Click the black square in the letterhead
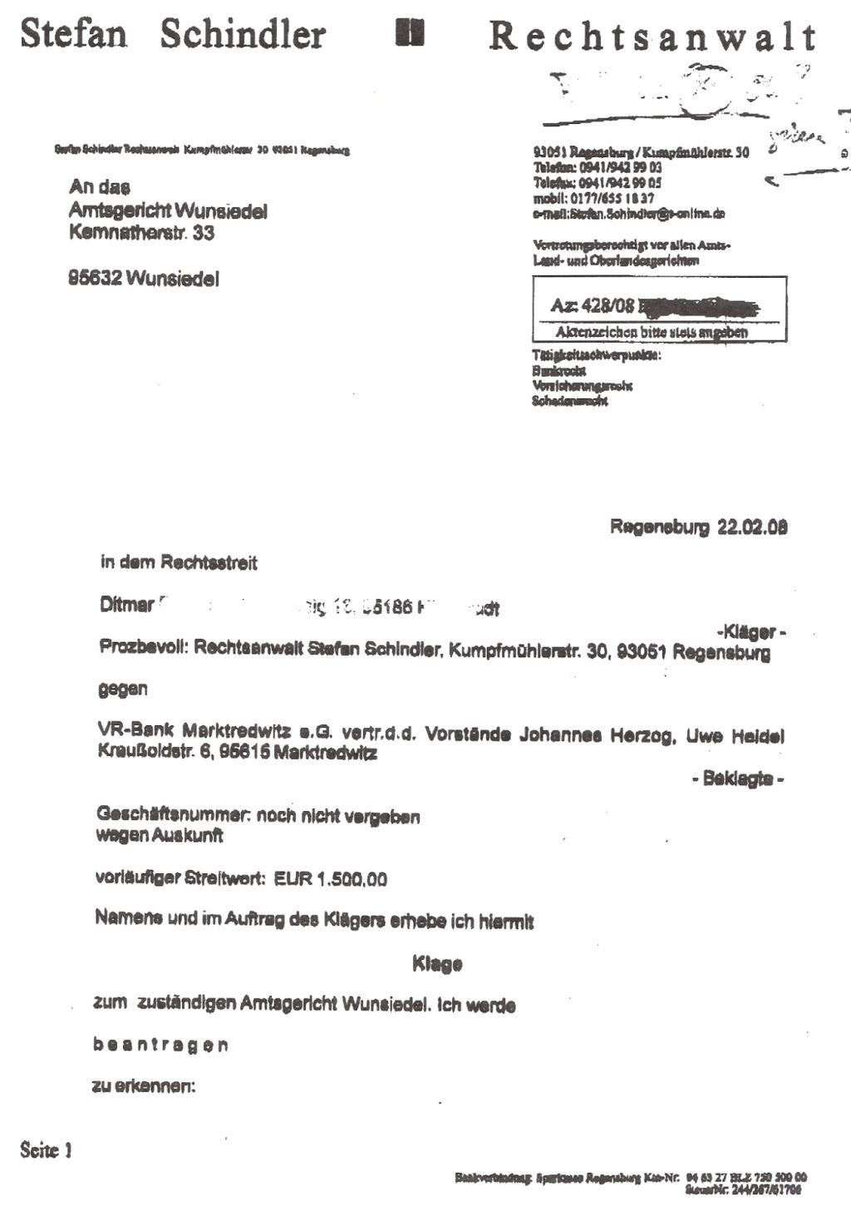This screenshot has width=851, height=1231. pyautogui.click(x=411, y=33)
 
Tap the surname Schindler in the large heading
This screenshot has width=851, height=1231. pyautogui.click(x=243, y=35)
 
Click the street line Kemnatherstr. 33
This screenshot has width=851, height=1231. pyautogui.click(x=141, y=233)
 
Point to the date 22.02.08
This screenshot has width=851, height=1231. pyautogui.click(x=752, y=527)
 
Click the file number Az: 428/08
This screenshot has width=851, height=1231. pyautogui.click(x=593, y=306)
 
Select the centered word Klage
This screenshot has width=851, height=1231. pyautogui.click(x=437, y=964)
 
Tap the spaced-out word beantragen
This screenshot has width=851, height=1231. pyautogui.click(x=160, y=1045)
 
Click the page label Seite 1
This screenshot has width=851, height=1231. pyautogui.click(x=46, y=1150)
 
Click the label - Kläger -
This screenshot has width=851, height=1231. pyautogui.click(x=751, y=632)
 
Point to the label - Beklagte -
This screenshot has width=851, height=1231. pyautogui.click(x=738, y=779)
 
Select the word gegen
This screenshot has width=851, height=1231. pyautogui.click(x=123, y=689)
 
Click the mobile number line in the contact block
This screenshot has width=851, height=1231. pyautogui.click(x=593, y=199)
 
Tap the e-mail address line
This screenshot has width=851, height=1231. pyautogui.click(x=629, y=214)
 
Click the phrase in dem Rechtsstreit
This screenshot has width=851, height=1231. pyautogui.click(x=179, y=563)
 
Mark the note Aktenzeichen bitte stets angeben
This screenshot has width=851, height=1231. pyautogui.click(x=652, y=332)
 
